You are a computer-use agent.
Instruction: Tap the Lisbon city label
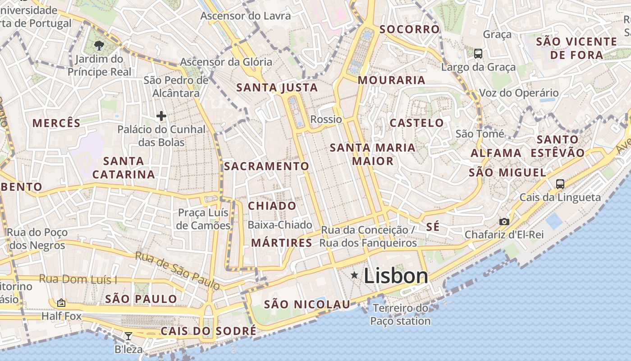[x=396, y=276]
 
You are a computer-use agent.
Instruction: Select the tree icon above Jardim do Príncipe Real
[x=99, y=45]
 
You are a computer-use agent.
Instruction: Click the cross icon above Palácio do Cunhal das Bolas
[x=161, y=116]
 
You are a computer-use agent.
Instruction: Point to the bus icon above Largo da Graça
[x=478, y=54]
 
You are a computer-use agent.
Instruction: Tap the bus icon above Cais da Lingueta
[x=560, y=184]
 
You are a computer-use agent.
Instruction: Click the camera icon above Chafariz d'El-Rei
[x=504, y=222]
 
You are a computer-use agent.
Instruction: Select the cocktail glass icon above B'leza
[x=128, y=336]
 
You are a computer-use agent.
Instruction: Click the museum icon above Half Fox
[x=61, y=303]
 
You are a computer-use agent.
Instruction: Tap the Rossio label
[x=326, y=119]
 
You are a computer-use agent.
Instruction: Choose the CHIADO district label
[x=272, y=206]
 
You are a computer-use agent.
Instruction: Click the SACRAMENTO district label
[x=266, y=166]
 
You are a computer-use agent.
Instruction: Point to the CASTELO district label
[x=416, y=123]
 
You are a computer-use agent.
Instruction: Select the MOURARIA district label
[x=392, y=80]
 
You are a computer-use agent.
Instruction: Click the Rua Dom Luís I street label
[x=78, y=279]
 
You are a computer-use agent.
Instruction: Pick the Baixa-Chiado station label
[x=280, y=225]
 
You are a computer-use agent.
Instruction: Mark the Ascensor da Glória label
[x=226, y=62]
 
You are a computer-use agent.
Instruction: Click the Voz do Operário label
[x=518, y=93]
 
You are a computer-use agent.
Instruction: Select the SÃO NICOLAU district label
[x=307, y=304]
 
